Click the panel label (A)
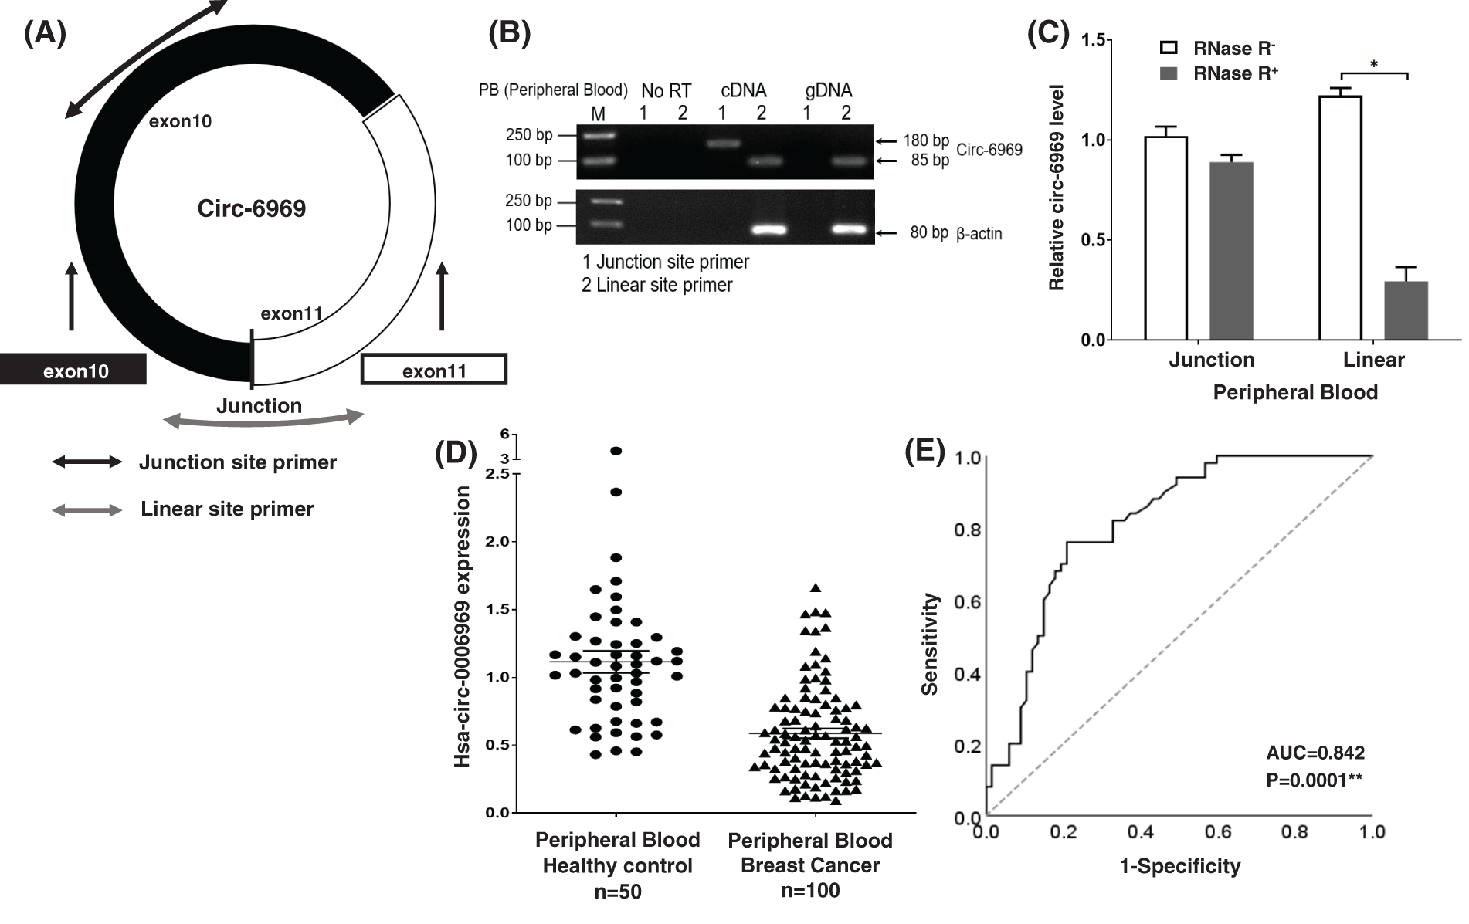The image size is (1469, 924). pyautogui.click(x=45, y=34)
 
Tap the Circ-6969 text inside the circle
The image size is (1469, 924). pyautogui.click(x=252, y=208)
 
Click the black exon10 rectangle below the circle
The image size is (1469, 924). pyautogui.click(x=73, y=370)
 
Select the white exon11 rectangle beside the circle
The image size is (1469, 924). pyautogui.click(x=434, y=370)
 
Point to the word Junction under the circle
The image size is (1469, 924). pyautogui.click(x=259, y=406)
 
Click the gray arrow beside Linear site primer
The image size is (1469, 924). pyautogui.click(x=87, y=510)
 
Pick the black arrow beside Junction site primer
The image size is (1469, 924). pyautogui.click(x=87, y=462)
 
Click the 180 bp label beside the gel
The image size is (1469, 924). pyautogui.click(x=925, y=140)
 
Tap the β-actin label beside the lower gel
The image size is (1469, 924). pyautogui.click(x=979, y=234)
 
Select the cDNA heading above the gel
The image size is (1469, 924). pyautogui.click(x=743, y=90)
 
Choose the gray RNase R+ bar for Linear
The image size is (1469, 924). pyautogui.click(x=1406, y=310)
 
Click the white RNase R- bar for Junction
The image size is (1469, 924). pyautogui.click(x=1165, y=238)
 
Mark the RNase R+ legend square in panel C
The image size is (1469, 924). pyautogui.click(x=1169, y=73)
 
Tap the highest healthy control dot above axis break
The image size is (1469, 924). pyautogui.click(x=616, y=451)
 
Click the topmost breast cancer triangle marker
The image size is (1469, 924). pyautogui.click(x=815, y=588)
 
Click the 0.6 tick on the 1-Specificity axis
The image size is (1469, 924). pyautogui.click(x=1218, y=832)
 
